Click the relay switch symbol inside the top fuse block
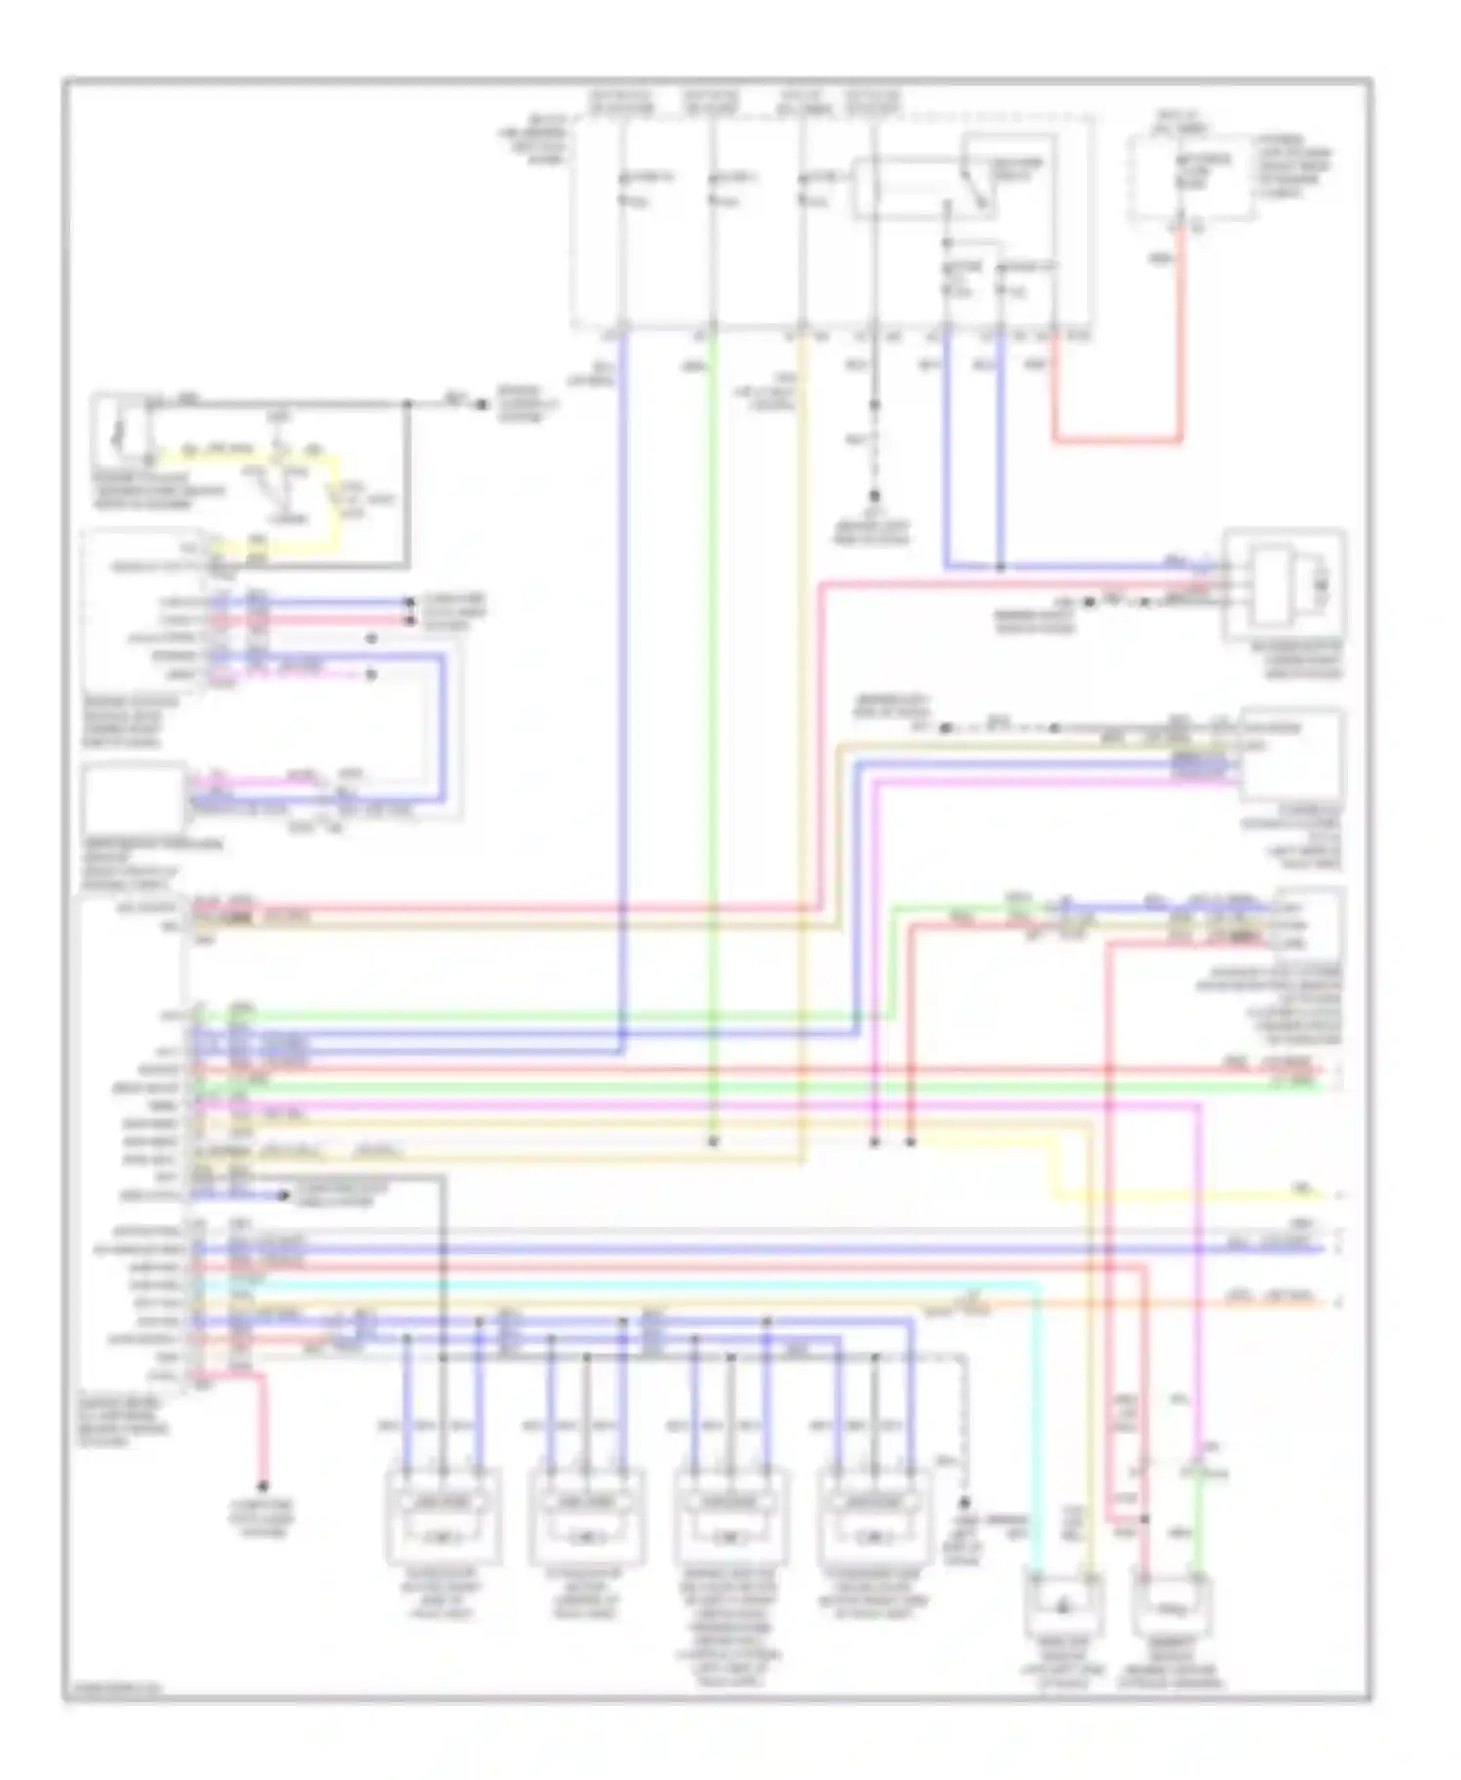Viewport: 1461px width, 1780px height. (x=977, y=185)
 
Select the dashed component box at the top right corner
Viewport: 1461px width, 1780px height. (x=1190, y=178)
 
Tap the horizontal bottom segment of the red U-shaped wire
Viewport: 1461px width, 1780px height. (x=1117, y=440)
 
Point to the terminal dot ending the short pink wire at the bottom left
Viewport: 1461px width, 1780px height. (x=262, y=1487)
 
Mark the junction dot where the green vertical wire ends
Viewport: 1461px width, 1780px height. (x=713, y=1141)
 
